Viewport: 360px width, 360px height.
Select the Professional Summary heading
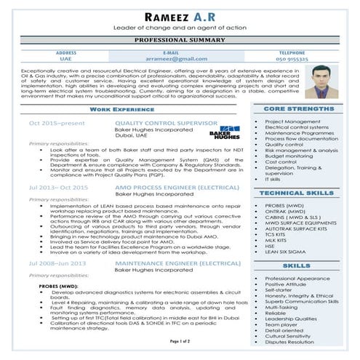(180, 41)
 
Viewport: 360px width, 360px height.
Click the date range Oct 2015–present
(56, 124)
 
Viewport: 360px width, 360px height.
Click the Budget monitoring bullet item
(289, 156)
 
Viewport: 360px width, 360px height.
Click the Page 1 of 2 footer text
(180, 340)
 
